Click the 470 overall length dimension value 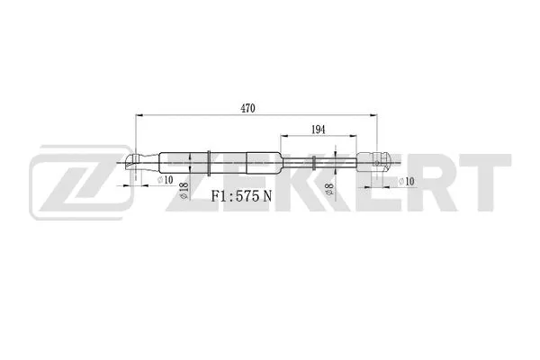248,109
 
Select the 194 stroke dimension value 319,130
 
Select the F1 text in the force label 219,197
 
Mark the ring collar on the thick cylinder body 210,163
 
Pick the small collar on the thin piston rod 311,163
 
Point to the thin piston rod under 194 333,163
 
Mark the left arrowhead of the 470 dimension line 138,116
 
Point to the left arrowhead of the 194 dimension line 283,137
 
